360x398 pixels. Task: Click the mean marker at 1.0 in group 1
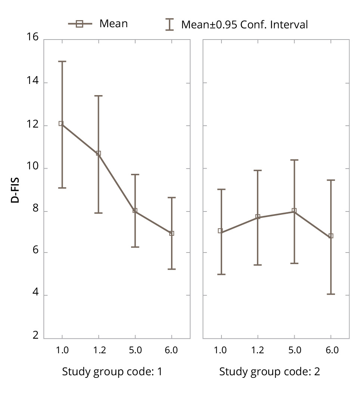tap(61, 123)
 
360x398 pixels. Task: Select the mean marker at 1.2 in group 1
tap(99, 153)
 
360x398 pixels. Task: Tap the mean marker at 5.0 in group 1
tap(135, 211)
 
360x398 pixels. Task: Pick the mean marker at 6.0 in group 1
tap(172, 234)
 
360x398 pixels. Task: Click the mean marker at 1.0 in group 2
tap(220, 231)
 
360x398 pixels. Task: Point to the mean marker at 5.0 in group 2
tap(294, 211)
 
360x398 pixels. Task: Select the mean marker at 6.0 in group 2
tap(331, 236)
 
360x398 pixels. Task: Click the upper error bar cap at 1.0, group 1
tap(62, 62)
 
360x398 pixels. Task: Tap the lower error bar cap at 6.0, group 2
tap(331, 294)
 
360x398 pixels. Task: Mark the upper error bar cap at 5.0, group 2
tap(294, 160)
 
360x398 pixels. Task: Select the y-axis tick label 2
tap(35, 335)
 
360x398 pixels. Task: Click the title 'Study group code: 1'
tap(112, 372)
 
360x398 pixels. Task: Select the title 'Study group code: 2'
tap(269, 372)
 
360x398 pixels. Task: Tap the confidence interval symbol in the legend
tap(170, 25)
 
